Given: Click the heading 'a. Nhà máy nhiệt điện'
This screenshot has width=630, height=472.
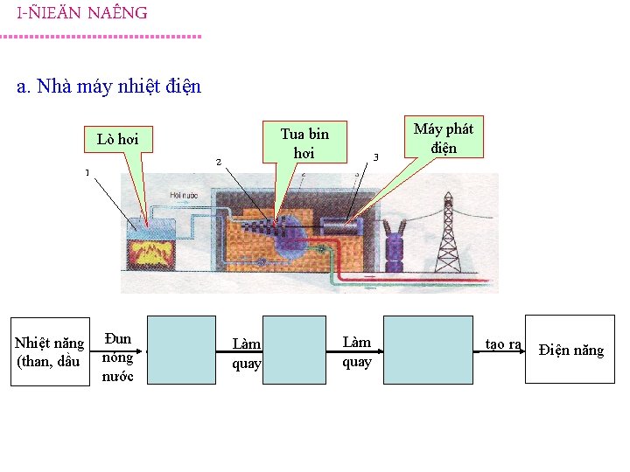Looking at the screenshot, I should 109,87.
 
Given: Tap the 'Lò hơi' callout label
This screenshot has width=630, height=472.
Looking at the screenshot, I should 118,139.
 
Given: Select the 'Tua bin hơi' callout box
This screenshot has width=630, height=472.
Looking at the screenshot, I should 304,142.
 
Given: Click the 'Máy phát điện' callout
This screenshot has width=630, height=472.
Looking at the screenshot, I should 443,138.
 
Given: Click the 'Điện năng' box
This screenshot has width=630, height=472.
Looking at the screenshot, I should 570,350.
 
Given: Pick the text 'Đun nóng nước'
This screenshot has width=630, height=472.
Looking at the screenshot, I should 117,357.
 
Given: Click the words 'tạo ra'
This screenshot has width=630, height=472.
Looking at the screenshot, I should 503,344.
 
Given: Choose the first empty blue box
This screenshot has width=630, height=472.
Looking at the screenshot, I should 181,350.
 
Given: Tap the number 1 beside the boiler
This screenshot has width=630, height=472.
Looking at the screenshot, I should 87,172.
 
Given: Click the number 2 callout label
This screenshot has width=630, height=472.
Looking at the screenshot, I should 219,162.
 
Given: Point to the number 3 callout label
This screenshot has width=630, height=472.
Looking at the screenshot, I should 375,157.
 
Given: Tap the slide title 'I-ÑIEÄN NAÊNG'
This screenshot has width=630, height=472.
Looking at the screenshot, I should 82,13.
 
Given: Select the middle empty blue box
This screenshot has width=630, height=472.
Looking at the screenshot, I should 294,350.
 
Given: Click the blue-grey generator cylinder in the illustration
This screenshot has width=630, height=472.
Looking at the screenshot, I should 342,226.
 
